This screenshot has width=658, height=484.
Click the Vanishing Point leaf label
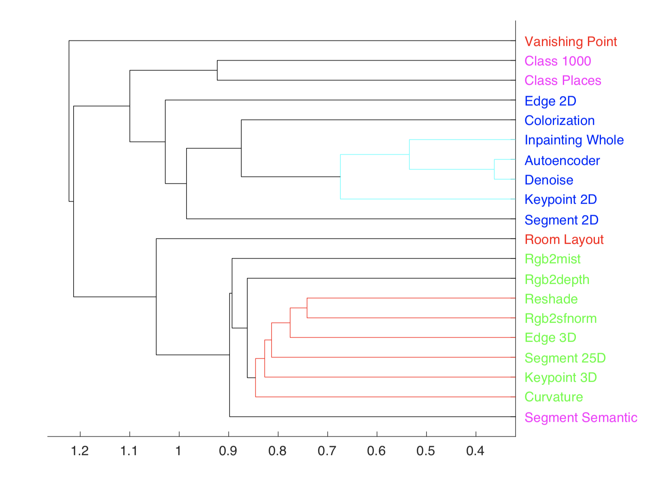pyautogui.click(x=570, y=42)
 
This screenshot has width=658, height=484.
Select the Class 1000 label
pyautogui.click(x=557, y=61)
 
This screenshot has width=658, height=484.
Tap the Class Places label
pyautogui.click(x=562, y=81)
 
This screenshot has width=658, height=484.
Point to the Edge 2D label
pyautogui.click(x=550, y=101)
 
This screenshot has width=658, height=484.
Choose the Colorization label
pyautogui.click(x=559, y=121)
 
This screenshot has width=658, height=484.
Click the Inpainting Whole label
pyautogui.click(x=574, y=140)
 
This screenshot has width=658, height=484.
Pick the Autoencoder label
pyautogui.click(x=562, y=161)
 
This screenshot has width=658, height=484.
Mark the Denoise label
pyautogui.click(x=549, y=180)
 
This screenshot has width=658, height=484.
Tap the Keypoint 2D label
pyautogui.click(x=560, y=200)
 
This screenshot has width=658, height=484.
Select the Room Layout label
pyautogui.click(x=564, y=240)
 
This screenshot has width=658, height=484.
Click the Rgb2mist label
pyautogui.click(x=552, y=259)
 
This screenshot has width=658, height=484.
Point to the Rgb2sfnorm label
pyautogui.click(x=560, y=318)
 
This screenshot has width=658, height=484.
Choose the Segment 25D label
pyautogui.click(x=565, y=358)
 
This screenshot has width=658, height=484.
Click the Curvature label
pyautogui.click(x=554, y=397)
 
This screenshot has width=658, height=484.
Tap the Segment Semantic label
pyautogui.click(x=581, y=418)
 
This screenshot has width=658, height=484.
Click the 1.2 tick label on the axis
pyautogui.click(x=80, y=451)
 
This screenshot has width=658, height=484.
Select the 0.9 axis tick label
pyautogui.click(x=228, y=451)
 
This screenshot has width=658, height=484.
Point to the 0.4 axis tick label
pyautogui.click(x=475, y=451)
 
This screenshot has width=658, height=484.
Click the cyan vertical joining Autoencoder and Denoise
pyautogui.click(x=494, y=170)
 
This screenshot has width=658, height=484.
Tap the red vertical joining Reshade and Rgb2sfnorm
pyautogui.click(x=307, y=308)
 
